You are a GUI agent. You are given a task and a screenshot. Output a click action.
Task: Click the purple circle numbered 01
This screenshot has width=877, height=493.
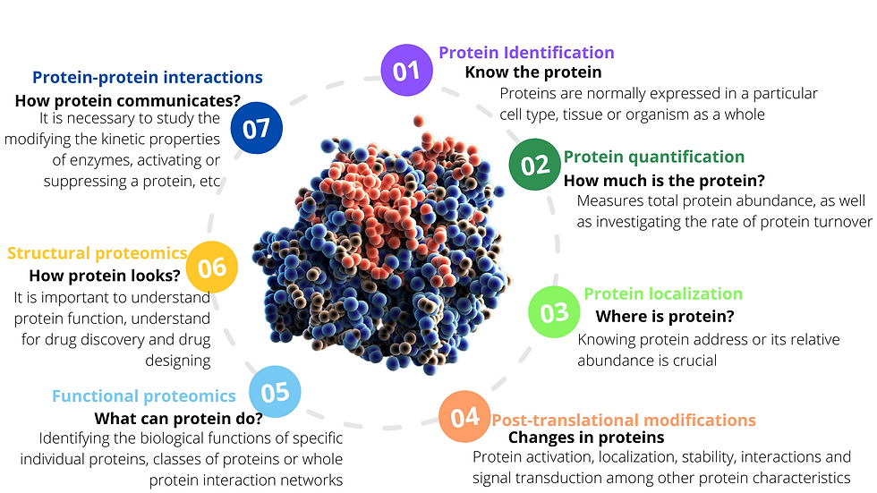click(x=406, y=71)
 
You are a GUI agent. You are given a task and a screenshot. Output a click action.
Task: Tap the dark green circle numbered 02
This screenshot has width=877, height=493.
click(x=535, y=165)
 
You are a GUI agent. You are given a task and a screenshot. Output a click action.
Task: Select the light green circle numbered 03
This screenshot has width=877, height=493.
click(x=554, y=312)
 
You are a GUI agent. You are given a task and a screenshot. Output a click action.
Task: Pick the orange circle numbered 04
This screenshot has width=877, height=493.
click(x=464, y=416)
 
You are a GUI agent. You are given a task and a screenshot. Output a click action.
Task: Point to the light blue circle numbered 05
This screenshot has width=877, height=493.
click(x=275, y=392)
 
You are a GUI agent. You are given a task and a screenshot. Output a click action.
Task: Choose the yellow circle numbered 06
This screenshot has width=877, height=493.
click(x=211, y=268)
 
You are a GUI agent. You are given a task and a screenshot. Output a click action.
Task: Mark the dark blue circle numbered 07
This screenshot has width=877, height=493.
click(x=256, y=128)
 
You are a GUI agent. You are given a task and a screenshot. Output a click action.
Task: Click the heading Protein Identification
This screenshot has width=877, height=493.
click(x=526, y=53)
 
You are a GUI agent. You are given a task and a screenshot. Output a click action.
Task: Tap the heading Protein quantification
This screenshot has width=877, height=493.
click(x=654, y=157)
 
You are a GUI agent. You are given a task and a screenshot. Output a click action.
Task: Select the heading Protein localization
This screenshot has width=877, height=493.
click(x=663, y=293)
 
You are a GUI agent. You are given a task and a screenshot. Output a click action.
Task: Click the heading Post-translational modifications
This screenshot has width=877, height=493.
click(x=624, y=420)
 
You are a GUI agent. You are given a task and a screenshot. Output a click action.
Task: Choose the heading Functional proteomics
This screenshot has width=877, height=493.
click(x=144, y=396)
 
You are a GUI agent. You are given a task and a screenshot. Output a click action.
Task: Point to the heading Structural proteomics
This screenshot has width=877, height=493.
click(x=97, y=253)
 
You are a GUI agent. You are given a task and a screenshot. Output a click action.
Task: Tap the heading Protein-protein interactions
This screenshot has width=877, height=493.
click(x=147, y=77)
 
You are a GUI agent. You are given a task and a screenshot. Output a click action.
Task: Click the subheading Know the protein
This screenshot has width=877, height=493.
click(x=533, y=72)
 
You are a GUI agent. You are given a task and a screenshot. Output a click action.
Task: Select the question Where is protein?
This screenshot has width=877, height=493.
click(x=665, y=317)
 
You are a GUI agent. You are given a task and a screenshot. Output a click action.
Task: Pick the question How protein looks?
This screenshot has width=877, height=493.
click(x=105, y=276)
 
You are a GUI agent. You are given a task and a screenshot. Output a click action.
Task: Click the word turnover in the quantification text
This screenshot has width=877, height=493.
click(x=842, y=222)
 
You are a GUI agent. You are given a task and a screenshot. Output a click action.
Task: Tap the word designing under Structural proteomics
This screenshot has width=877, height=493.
click(x=178, y=361)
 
